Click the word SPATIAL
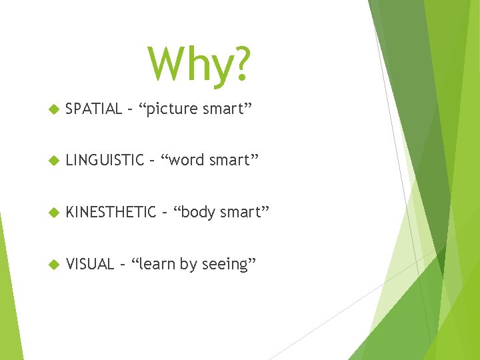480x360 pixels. coord(94,109)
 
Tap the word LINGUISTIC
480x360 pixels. coord(105,160)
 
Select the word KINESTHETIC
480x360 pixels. coord(111,212)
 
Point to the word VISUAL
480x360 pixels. coord(91,264)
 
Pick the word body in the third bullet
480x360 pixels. coord(197,213)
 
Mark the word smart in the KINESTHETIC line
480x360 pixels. coord(245,213)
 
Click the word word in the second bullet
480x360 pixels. coord(188,161)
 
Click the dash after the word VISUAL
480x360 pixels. coord(123,265)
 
